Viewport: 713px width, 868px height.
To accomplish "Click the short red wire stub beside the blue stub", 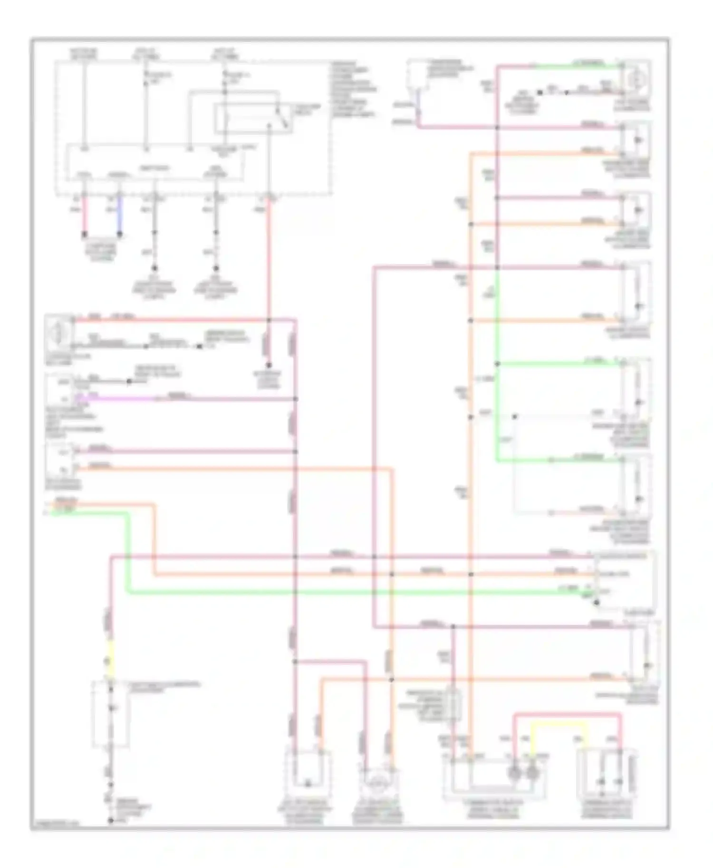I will point(85,216).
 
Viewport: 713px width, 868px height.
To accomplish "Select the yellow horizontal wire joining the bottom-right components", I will point(559,725).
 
